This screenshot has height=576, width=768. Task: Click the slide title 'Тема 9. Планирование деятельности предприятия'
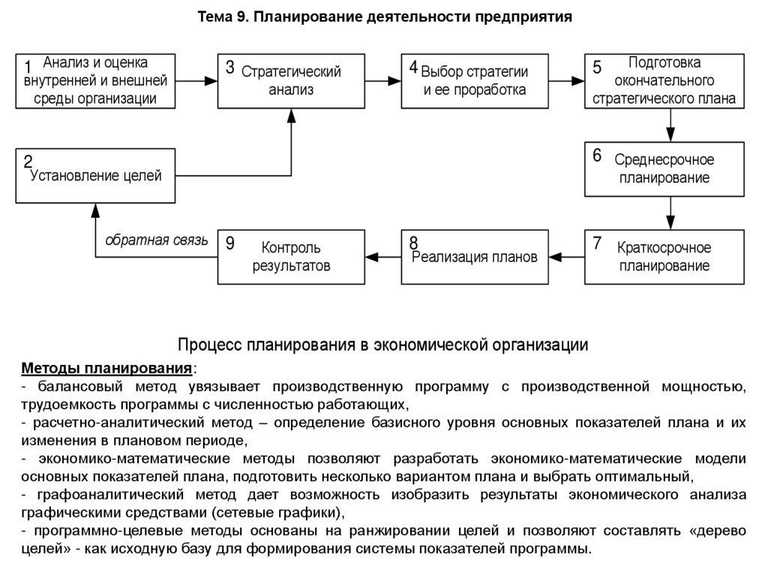[383, 17]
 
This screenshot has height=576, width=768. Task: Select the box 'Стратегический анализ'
[291, 80]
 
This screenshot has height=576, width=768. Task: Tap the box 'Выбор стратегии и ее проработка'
[474, 80]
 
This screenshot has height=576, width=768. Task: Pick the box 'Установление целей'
[95, 176]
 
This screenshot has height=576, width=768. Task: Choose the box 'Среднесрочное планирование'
[664, 169]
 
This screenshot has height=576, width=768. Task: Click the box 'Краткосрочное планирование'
[664, 257]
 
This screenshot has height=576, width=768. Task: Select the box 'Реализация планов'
[474, 257]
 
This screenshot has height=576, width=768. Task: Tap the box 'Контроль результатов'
[291, 257]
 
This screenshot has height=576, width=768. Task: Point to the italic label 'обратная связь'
[156, 240]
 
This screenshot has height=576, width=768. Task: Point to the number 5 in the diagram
[597, 67]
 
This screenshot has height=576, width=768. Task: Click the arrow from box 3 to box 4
[382, 80]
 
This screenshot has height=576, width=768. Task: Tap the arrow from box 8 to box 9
[382, 257]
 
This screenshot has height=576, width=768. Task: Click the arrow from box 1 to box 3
[196, 80]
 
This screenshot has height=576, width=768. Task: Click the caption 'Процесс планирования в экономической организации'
[382, 345]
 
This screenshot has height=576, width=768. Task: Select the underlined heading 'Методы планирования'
[106, 369]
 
